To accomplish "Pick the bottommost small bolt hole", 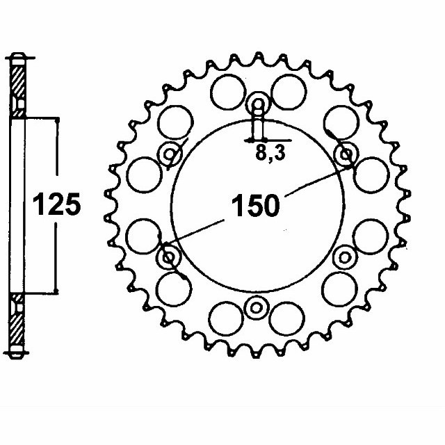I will coord(257,307).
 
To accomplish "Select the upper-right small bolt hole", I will coord(345,153).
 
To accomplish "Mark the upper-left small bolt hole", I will coord(170,154).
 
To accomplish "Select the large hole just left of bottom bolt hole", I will coord(226,316).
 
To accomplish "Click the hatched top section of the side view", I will coord(19,84).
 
